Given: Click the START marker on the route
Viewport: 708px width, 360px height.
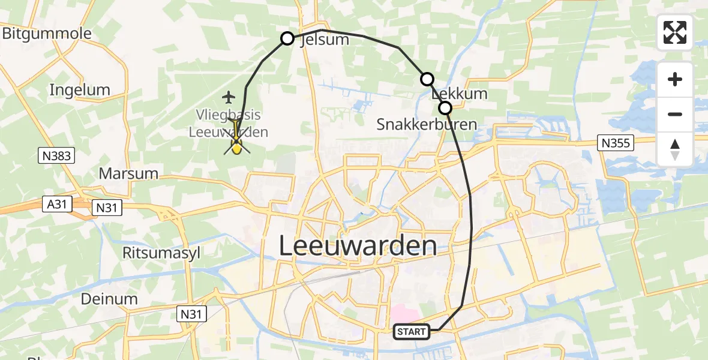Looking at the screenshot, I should (411, 331).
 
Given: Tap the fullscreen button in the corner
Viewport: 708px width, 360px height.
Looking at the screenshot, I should (675, 32).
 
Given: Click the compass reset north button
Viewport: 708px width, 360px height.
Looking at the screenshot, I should (675, 149).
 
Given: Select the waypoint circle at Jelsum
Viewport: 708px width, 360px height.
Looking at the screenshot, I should (287, 38).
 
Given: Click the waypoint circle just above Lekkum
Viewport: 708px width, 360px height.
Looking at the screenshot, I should (427, 79).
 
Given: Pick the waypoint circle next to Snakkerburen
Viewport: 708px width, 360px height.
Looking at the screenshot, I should (445, 108).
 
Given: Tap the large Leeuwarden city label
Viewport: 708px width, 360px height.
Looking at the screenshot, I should (358, 246).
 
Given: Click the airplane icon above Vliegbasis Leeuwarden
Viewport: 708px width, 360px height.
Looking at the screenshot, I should (229, 96).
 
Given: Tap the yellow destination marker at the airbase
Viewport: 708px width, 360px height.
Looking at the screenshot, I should (236, 145).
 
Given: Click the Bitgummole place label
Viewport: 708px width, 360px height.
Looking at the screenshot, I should (47, 34).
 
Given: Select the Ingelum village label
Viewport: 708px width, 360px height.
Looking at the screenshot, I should (80, 91).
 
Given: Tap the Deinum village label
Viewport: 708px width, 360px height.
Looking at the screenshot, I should (110, 299).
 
